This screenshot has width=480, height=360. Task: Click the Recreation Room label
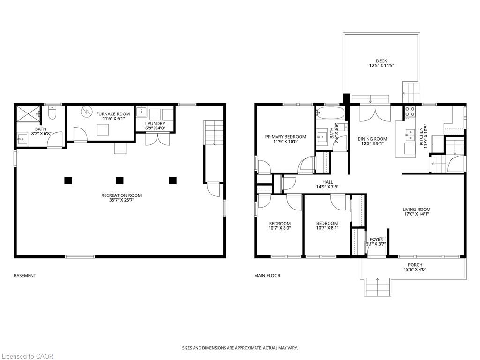click(x=121, y=195)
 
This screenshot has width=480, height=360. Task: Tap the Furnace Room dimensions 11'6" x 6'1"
click(x=113, y=119)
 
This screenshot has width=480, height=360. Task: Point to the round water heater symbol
click(x=87, y=112)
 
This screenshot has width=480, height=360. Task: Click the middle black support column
click(x=120, y=180)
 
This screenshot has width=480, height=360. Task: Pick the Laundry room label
click(x=155, y=124)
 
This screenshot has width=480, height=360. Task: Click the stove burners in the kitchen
click(x=410, y=112)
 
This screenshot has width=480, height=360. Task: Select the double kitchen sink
click(x=410, y=135)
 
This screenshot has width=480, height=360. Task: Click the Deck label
click(x=382, y=61)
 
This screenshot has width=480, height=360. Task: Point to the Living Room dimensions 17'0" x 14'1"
click(x=416, y=214)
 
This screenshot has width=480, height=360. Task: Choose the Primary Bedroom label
click(x=285, y=137)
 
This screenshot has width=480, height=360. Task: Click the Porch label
click(x=415, y=265)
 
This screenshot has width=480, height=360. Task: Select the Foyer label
click(x=376, y=240)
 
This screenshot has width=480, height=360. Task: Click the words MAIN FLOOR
click(x=267, y=276)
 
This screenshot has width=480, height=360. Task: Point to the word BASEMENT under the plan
click(x=25, y=276)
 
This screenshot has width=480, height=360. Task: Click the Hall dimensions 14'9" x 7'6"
click(x=328, y=187)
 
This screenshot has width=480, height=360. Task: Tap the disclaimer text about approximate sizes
click(x=240, y=348)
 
